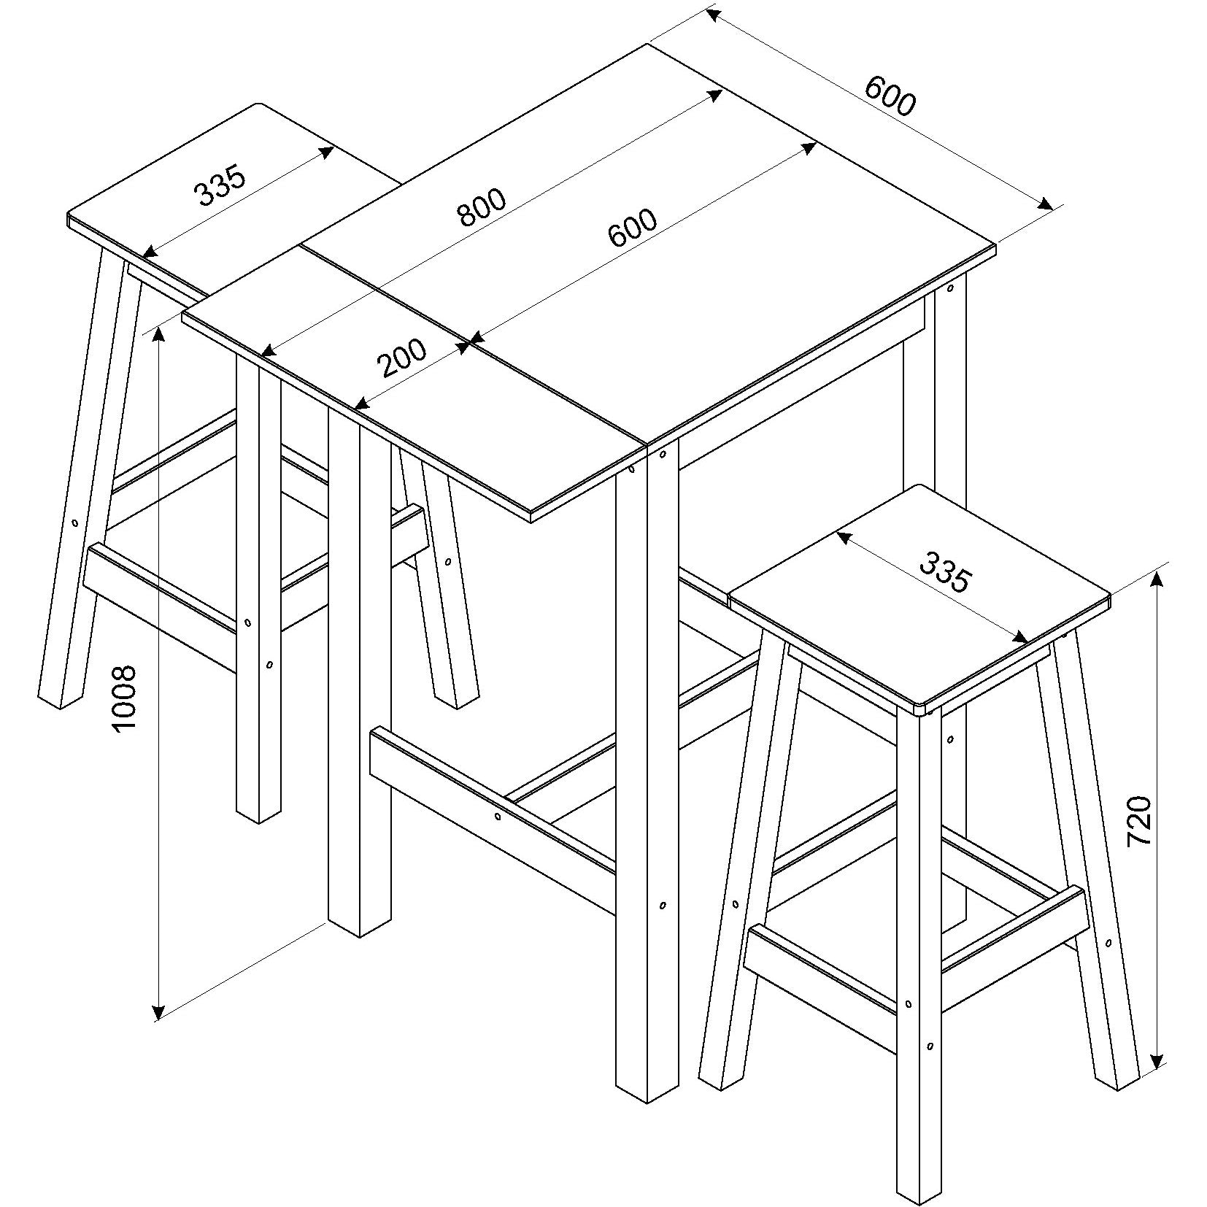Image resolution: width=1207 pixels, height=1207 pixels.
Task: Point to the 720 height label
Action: [x=1139, y=821]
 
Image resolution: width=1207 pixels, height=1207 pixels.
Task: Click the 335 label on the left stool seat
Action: [x=220, y=185]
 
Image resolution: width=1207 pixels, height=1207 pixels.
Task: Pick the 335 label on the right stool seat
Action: [x=945, y=572]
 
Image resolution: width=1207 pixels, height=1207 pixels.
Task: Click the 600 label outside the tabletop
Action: [x=889, y=96]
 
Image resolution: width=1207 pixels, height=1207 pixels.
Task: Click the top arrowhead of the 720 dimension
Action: [x=1157, y=580]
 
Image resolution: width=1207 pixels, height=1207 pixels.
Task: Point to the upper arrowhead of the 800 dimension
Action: [x=715, y=95]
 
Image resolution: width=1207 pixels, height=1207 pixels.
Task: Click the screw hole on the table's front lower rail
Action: [x=497, y=817]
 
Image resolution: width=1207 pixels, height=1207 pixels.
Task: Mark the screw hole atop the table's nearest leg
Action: [x=663, y=455]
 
